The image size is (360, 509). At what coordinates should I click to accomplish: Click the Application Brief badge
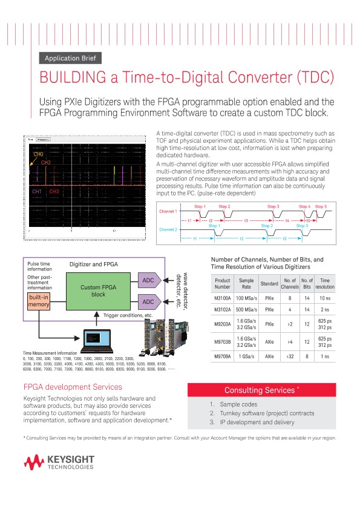coord(70,59)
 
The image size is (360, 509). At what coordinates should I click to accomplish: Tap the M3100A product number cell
coord(223,298)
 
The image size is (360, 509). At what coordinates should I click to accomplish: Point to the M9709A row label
coord(223,356)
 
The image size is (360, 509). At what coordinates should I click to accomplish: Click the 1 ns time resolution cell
coord(325,356)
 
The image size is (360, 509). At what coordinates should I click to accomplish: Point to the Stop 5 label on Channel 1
coord(321,224)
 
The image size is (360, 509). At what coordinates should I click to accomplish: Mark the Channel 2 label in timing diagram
coord(168,247)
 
